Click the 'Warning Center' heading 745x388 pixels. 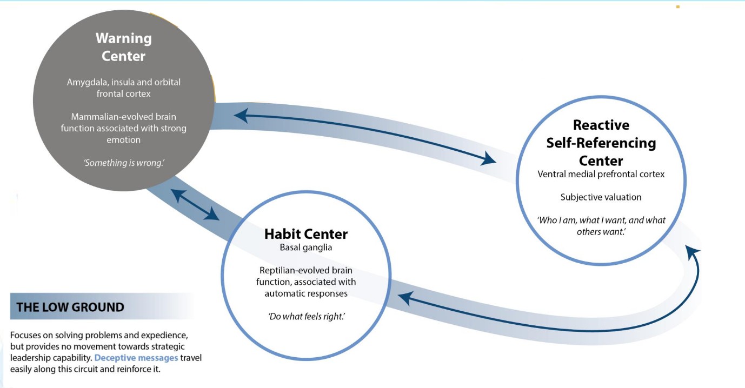pos(124,47)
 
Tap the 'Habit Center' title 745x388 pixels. pos(306,234)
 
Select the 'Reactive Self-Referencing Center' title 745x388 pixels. pos(601,143)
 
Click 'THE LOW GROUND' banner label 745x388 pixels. pos(70,307)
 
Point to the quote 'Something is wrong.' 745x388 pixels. pos(124,162)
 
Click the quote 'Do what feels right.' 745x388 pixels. pos(307,316)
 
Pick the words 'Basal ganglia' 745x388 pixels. pos(306,247)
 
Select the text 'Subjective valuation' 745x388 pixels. pos(601,197)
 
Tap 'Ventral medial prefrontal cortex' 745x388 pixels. pos(601,174)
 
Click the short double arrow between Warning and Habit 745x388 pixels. pos(195,204)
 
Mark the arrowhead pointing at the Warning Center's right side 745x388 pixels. pos(240,115)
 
